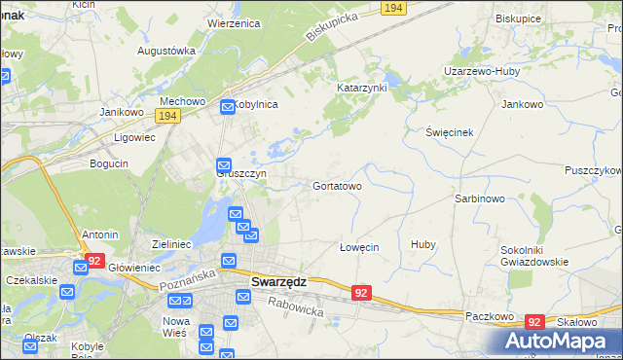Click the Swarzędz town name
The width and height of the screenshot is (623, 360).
pos(278,281)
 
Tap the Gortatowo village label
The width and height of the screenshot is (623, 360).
pos(337,185)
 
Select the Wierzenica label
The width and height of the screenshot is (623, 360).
pos(237,22)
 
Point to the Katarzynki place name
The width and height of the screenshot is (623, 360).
pos(362,88)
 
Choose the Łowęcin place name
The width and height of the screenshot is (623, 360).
pos(358,247)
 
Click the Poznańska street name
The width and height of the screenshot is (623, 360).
pos(183,282)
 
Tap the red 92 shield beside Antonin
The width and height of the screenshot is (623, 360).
pos(93,261)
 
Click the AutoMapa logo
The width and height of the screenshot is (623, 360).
pos(557,342)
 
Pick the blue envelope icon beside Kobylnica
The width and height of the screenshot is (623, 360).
pos(227,106)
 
